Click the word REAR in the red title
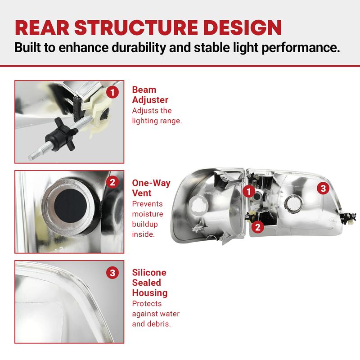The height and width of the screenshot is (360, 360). (42, 27)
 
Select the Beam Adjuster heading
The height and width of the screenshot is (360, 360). (150, 94)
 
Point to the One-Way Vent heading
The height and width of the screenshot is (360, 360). (151, 188)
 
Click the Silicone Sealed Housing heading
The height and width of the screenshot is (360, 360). (150, 283)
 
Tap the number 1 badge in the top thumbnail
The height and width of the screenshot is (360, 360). (112, 93)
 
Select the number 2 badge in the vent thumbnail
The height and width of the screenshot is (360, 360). (112, 182)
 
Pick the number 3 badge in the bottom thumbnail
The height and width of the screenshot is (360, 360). (112, 273)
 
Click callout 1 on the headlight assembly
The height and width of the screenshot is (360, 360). (249, 191)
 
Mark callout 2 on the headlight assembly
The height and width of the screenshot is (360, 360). (258, 227)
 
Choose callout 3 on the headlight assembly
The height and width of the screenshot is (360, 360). (323, 188)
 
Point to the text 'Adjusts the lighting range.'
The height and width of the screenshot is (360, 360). (157, 116)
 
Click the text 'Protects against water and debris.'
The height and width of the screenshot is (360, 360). (156, 314)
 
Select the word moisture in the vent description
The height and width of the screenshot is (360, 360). (148, 214)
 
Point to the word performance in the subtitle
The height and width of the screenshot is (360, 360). (301, 48)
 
